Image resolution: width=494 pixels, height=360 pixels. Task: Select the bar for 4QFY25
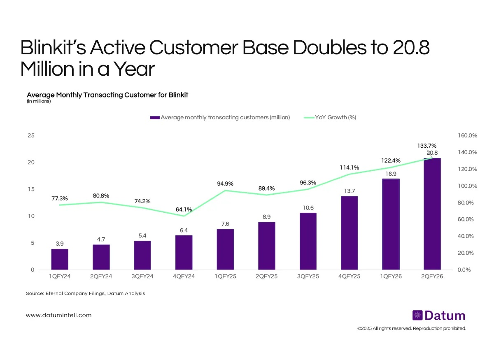tap(349, 233)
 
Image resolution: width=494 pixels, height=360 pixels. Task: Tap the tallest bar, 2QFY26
tap(432, 214)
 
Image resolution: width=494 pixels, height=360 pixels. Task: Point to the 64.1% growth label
tap(184, 209)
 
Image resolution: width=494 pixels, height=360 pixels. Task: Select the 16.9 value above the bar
tap(391, 174)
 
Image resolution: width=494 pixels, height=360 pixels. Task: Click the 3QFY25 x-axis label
tap(308, 276)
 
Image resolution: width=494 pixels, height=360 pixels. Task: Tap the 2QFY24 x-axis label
tap(101, 276)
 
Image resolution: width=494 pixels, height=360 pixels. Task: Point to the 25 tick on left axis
tap(31, 136)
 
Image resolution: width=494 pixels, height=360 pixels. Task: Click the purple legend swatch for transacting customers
tap(155, 118)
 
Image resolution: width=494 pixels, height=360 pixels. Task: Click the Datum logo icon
tap(417, 316)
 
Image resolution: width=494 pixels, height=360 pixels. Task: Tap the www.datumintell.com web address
tap(59, 315)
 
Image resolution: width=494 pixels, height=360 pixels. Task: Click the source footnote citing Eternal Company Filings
tap(85, 294)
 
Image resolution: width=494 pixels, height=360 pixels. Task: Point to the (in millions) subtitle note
tap(39, 101)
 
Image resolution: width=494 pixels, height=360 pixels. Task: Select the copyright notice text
tap(412, 328)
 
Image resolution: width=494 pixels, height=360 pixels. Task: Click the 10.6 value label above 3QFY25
tap(308, 207)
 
